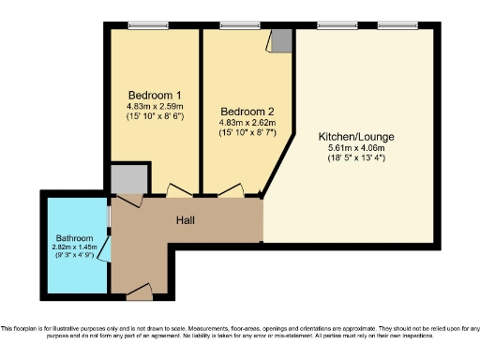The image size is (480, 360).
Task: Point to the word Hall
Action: point(186,218)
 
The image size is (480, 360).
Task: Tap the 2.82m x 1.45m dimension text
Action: point(74,247)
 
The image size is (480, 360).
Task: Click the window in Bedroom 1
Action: point(142,24)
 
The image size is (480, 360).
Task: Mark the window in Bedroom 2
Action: point(234,24)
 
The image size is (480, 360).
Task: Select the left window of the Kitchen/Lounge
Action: point(331,24)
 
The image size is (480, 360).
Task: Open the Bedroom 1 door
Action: point(178,191)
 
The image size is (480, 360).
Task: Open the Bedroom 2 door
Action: point(231,191)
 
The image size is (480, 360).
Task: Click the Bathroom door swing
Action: point(106,247)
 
